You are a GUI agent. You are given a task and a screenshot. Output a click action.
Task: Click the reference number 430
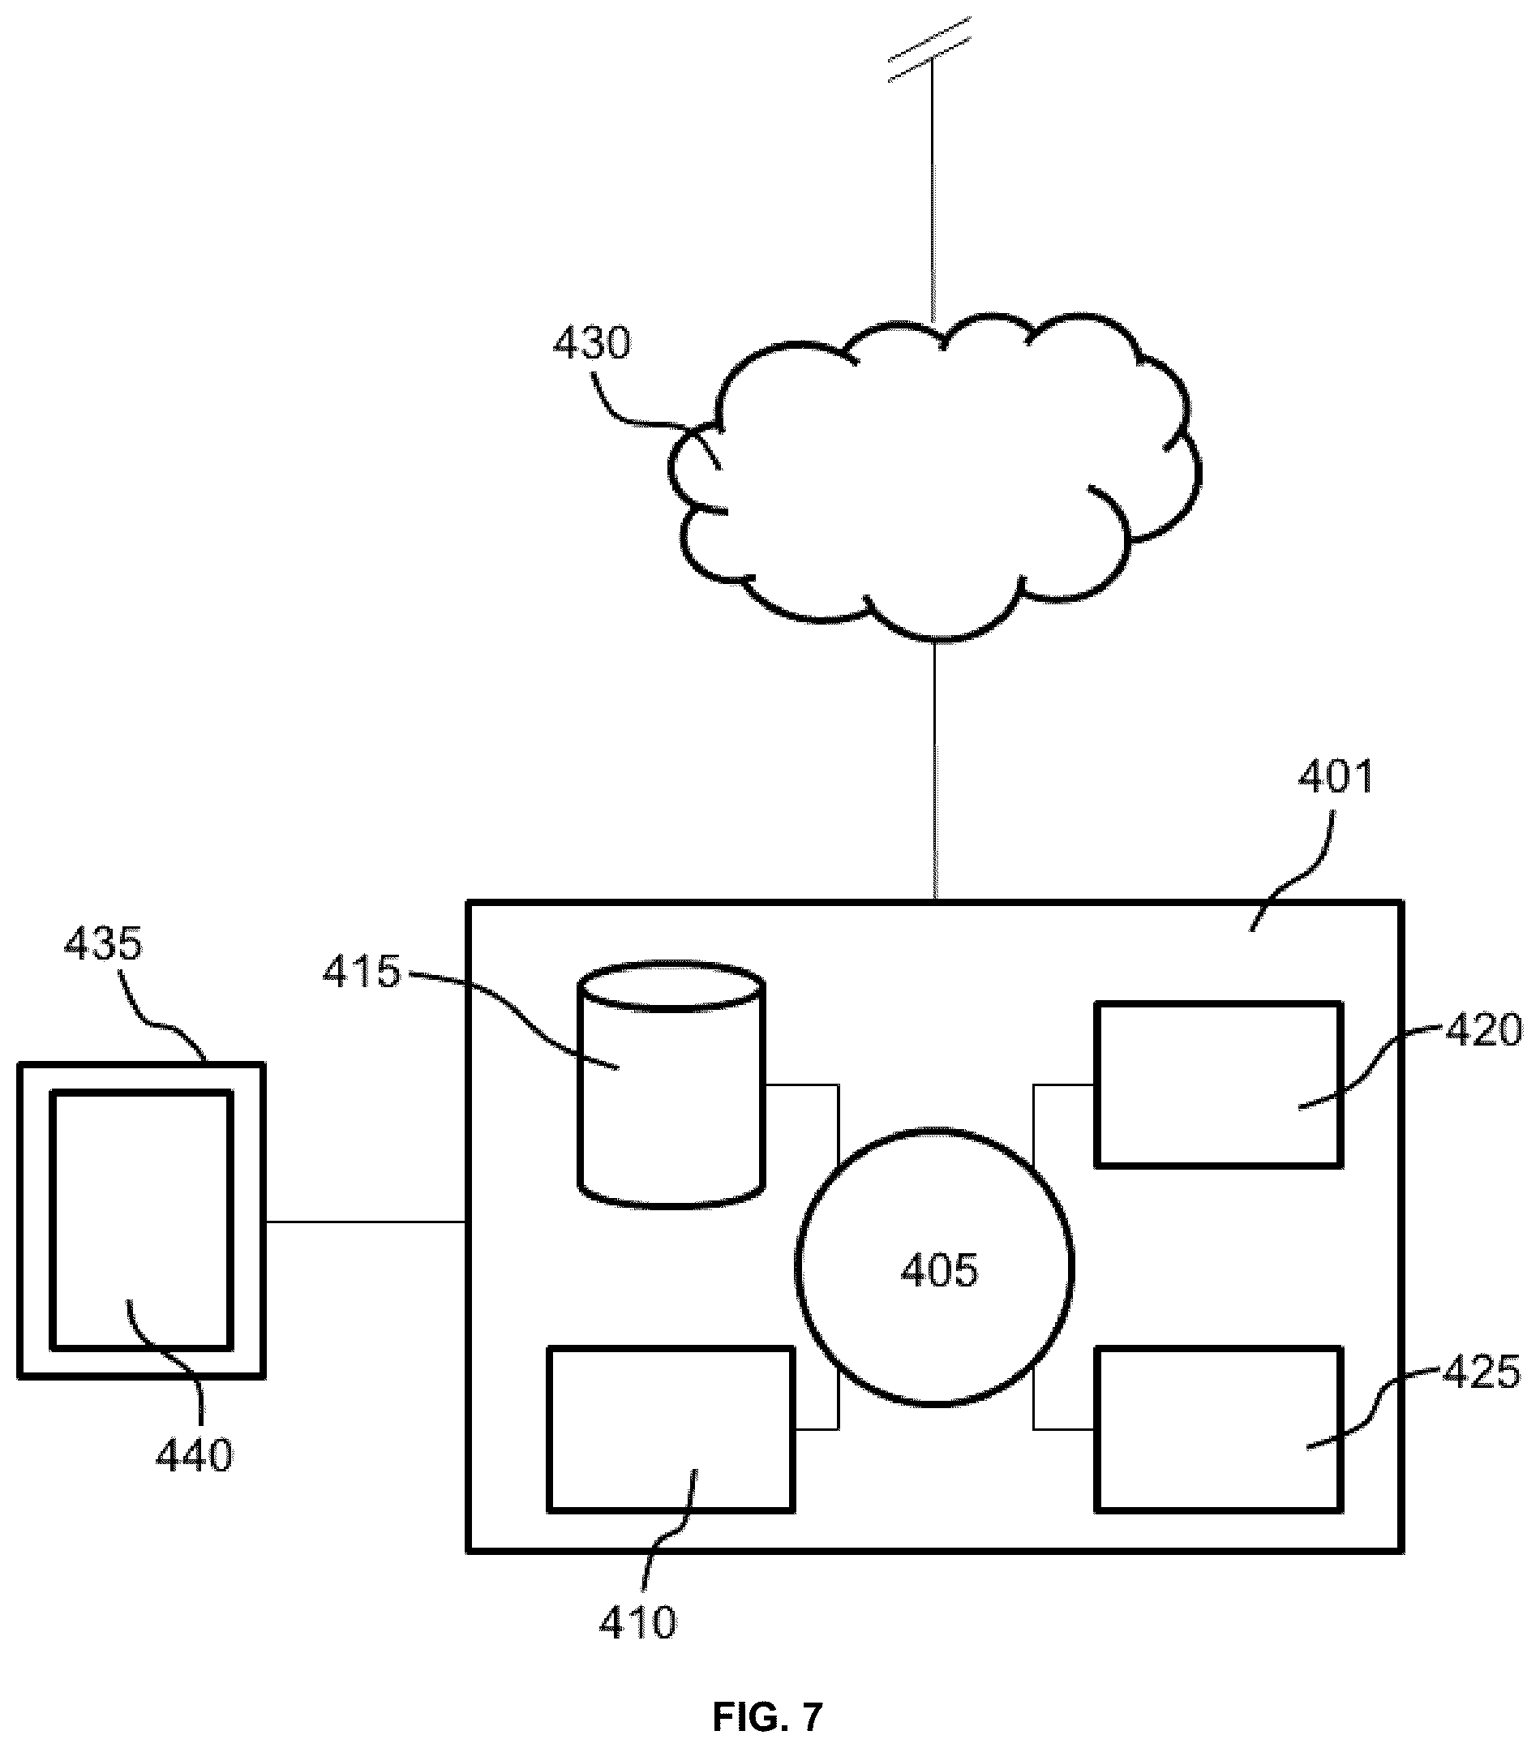tap(592, 344)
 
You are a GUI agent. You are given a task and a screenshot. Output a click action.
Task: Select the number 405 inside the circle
tap(939, 1271)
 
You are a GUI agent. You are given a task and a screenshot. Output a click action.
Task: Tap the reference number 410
tap(638, 1622)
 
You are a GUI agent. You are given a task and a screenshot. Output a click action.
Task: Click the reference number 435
tap(103, 944)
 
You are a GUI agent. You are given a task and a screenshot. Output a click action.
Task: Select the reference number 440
tap(193, 1455)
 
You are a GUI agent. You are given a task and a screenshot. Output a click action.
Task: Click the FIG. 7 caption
tap(767, 1716)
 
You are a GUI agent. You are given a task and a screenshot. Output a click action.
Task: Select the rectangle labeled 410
tap(671, 1429)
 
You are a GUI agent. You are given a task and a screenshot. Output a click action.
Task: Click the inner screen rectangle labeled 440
tap(141, 1219)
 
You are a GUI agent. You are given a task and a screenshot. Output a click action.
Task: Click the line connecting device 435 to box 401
tap(365, 1222)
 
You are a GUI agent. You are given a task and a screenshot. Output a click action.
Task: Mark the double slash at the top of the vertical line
tap(929, 49)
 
